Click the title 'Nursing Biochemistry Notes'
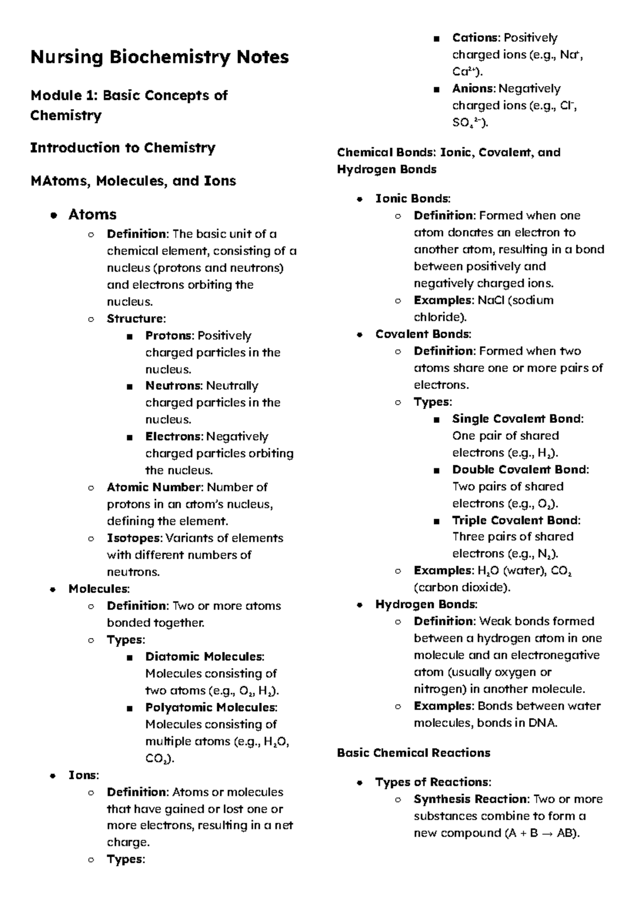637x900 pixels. [x=159, y=57]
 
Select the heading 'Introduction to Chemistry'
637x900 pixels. [x=123, y=148]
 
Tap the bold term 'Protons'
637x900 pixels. [x=168, y=336]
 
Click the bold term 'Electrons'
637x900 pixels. [x=174, y=437]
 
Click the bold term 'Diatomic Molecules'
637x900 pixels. [x=204, y=657]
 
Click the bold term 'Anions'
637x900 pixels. [x=473, y=89]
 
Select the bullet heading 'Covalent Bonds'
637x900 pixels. [x=423, y=334]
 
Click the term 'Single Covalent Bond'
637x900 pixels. [x=517, y=419]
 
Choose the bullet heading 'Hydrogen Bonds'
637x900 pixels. [x=426, y=604]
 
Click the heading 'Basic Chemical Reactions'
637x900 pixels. [x=414, y=753]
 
